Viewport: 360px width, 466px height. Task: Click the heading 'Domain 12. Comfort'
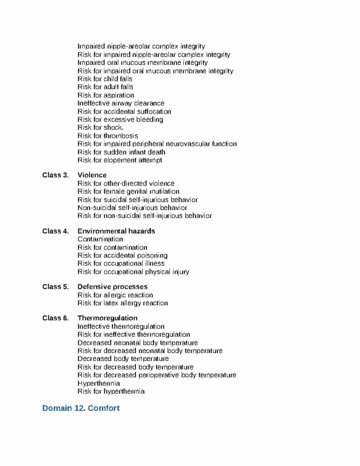(81, 408)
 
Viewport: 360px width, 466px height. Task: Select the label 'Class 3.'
(55, 175)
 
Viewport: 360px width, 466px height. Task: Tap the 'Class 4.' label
(55, 231)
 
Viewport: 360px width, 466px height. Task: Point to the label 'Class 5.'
(55, 287)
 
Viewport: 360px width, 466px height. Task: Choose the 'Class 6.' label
(55, 318)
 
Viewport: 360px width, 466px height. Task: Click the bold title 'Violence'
(92, 175)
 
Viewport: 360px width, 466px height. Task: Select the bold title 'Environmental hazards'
(116, 231)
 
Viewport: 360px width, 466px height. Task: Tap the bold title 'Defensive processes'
(112, 287)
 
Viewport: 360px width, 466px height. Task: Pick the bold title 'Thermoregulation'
(107, 318)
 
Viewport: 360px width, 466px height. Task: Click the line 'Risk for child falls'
(105, 79)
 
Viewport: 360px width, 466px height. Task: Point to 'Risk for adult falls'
(106, 87)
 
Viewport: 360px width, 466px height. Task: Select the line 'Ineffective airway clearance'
(121, 103)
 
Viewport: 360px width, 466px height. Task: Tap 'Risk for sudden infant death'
(121, 152)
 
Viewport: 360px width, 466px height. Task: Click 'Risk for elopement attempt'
(120, 160)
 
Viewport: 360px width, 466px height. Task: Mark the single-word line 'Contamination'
(100, 240)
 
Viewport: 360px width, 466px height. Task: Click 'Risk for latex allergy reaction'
(123, 303)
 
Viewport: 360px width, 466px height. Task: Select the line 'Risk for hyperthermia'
(111, 391)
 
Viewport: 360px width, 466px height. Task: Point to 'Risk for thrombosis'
(107, 136)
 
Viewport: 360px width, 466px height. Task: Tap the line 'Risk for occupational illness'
(121, 264)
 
